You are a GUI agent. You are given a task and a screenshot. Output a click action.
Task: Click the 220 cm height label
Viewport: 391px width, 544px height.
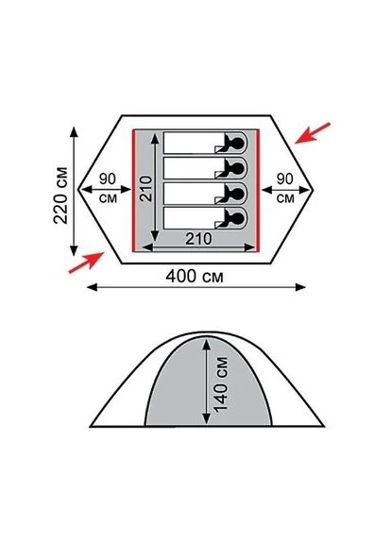click(x=60, y=195)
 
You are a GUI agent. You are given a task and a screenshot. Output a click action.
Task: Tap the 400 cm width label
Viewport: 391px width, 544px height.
click(x=195, y=277)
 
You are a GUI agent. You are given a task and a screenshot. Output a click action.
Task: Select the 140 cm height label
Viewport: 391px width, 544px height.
click(x=221, y=384)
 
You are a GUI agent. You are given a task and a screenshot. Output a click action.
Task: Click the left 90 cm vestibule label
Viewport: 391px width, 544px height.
click(x=108, y=189)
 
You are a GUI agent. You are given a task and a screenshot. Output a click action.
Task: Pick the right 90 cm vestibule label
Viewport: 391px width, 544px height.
click(x=285, y=189)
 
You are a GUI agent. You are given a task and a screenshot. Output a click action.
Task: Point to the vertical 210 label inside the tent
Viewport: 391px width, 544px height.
click(x=146, y=188)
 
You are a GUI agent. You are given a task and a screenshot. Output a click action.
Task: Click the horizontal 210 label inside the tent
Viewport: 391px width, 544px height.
click(x=198, y=239)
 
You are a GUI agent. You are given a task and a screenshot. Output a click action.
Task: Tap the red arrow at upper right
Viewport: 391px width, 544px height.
click(x=313, y=132)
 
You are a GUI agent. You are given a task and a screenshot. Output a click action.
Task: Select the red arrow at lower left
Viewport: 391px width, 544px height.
click(x=86, y=263)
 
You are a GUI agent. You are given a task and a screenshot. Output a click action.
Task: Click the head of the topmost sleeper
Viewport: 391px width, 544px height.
click(x=237, y=143)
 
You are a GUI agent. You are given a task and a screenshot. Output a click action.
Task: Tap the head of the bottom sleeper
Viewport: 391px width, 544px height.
click(x=237, y=218)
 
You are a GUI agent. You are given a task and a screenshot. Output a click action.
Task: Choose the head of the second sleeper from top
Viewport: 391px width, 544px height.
click(x=237, y=168)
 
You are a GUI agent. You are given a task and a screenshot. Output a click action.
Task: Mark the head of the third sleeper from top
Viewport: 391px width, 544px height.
click(x=237, y=194)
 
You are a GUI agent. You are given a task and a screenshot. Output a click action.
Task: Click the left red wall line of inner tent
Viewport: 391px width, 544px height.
click(x=133, y=190)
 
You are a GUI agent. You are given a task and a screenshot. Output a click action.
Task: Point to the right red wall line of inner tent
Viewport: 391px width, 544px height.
click(x=258, y=190)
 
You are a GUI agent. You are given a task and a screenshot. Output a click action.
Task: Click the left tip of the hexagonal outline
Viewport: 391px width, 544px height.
click(x=78, y=190)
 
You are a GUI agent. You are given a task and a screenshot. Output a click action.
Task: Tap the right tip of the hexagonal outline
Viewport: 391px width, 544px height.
click(x=314, y=190)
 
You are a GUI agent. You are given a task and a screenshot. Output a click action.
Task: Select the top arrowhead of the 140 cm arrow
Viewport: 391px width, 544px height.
click(x=207, y=344)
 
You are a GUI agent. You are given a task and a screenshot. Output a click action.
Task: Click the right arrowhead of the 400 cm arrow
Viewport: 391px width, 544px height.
click(x=300, y=287)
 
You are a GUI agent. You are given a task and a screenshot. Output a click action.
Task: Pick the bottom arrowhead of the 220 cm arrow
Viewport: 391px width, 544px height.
click(x=74, y=250)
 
